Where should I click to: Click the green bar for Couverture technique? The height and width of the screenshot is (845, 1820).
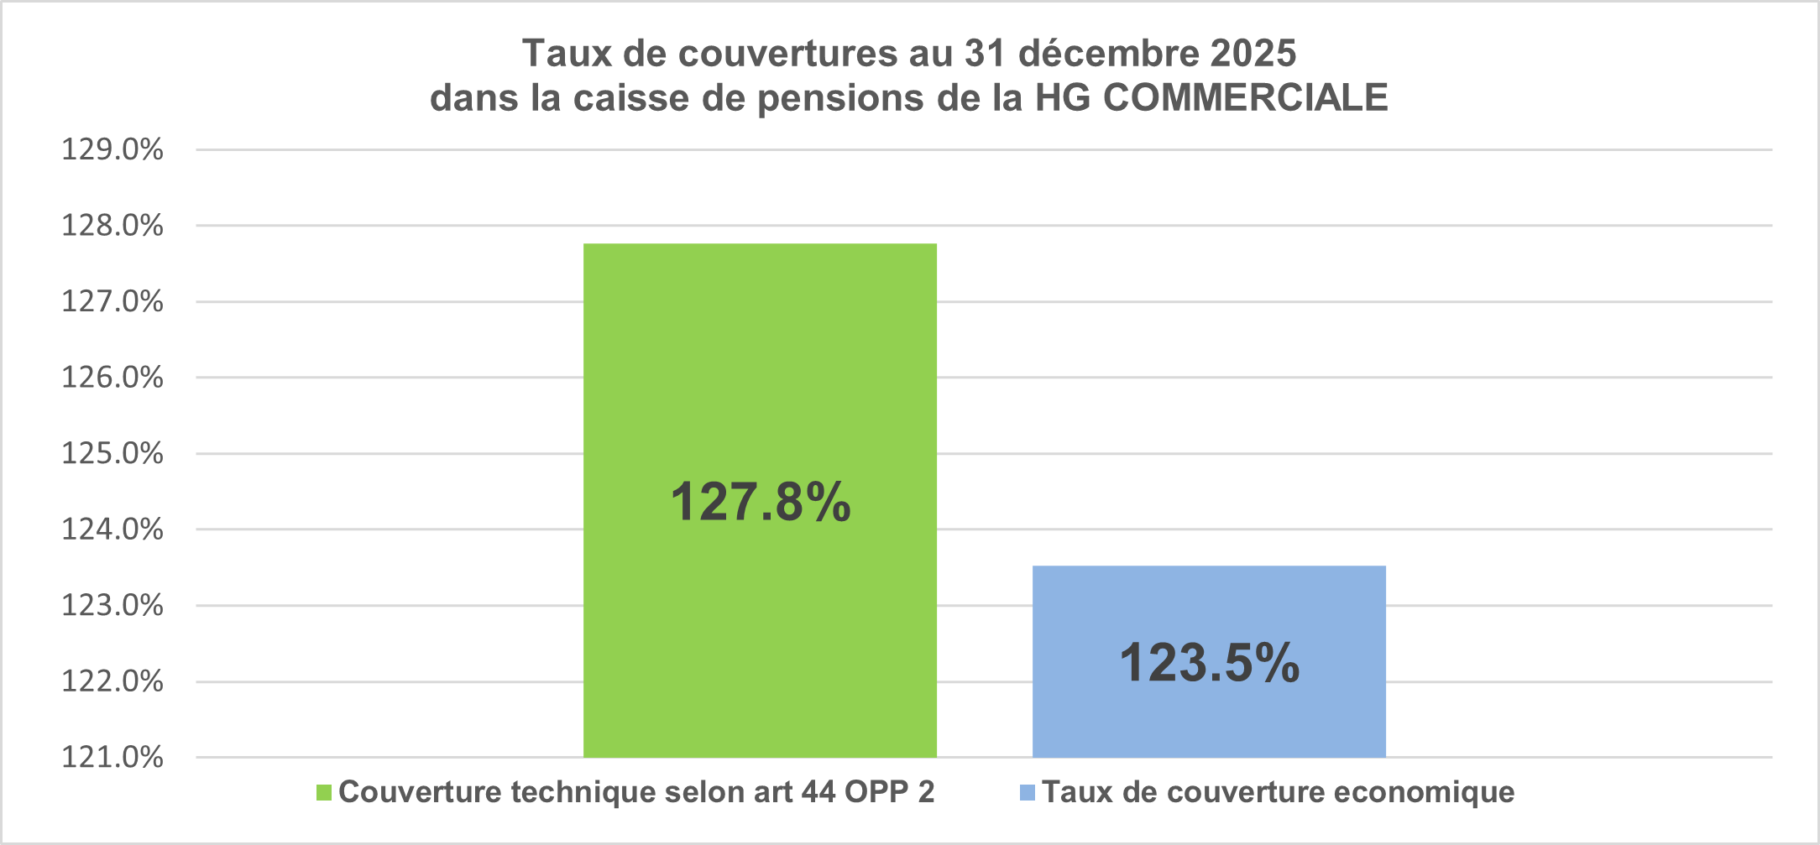pyautogui.click(x=760, y=500)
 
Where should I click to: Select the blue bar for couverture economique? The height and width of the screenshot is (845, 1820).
pyautogui.click(x=1209, y=661)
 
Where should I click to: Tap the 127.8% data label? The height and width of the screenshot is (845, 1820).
pyautogui.click(x=761, y=502)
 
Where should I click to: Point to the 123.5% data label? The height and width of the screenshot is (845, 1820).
pyautogui.click(x=1210, y=663)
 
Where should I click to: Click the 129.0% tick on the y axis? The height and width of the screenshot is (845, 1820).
pyautogui.click(x=112, y=149)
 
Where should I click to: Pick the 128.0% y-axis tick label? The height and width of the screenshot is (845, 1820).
pyautogui.click(x=112, y=226)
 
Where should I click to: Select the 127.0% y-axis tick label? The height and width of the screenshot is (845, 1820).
pyautogui.click(x=112, y=301)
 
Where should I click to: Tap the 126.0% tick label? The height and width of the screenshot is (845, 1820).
pyautogui.click(x=112, y=378)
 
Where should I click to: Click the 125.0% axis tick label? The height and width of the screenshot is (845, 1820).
pyautogui.click(x=112, y=453)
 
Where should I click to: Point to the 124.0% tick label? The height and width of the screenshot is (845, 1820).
pyautogui.click(x=112, y=529)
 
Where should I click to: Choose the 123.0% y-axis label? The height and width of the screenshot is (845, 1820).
pyautogui.click(x=112, y=605)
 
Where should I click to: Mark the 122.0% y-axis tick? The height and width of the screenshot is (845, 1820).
pyautogui.click(x=112, y=681)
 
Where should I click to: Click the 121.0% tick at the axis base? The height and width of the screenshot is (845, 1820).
pyautogui.click(x=112, y=757)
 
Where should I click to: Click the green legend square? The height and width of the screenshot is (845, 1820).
pyautogui.click(x=324, y=793)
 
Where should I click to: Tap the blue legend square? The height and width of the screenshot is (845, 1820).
pyautogui.click(x=1028, y=793)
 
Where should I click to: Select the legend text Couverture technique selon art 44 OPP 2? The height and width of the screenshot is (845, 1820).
pyautogui.click(x=636, y=792)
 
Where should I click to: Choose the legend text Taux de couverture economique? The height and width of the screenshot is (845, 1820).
pyautogui.click(x=1279, y=792)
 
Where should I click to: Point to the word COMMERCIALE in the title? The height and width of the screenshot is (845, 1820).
pyautogui.click(x=1245, y=98)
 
